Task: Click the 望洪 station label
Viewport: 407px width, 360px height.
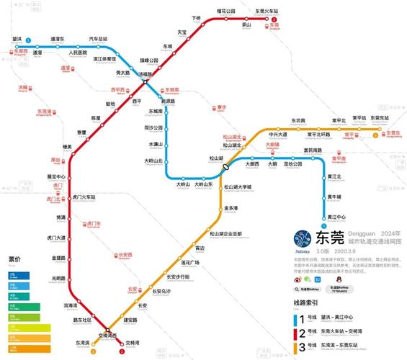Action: (17, 37)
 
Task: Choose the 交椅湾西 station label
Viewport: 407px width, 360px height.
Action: (108, 336)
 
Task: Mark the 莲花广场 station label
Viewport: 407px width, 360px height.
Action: (189, 263)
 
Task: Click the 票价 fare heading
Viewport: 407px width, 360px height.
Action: (14, 259)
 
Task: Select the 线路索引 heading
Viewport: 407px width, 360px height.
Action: (307, 303)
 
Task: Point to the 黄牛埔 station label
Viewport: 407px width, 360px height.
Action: (334, 197)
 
